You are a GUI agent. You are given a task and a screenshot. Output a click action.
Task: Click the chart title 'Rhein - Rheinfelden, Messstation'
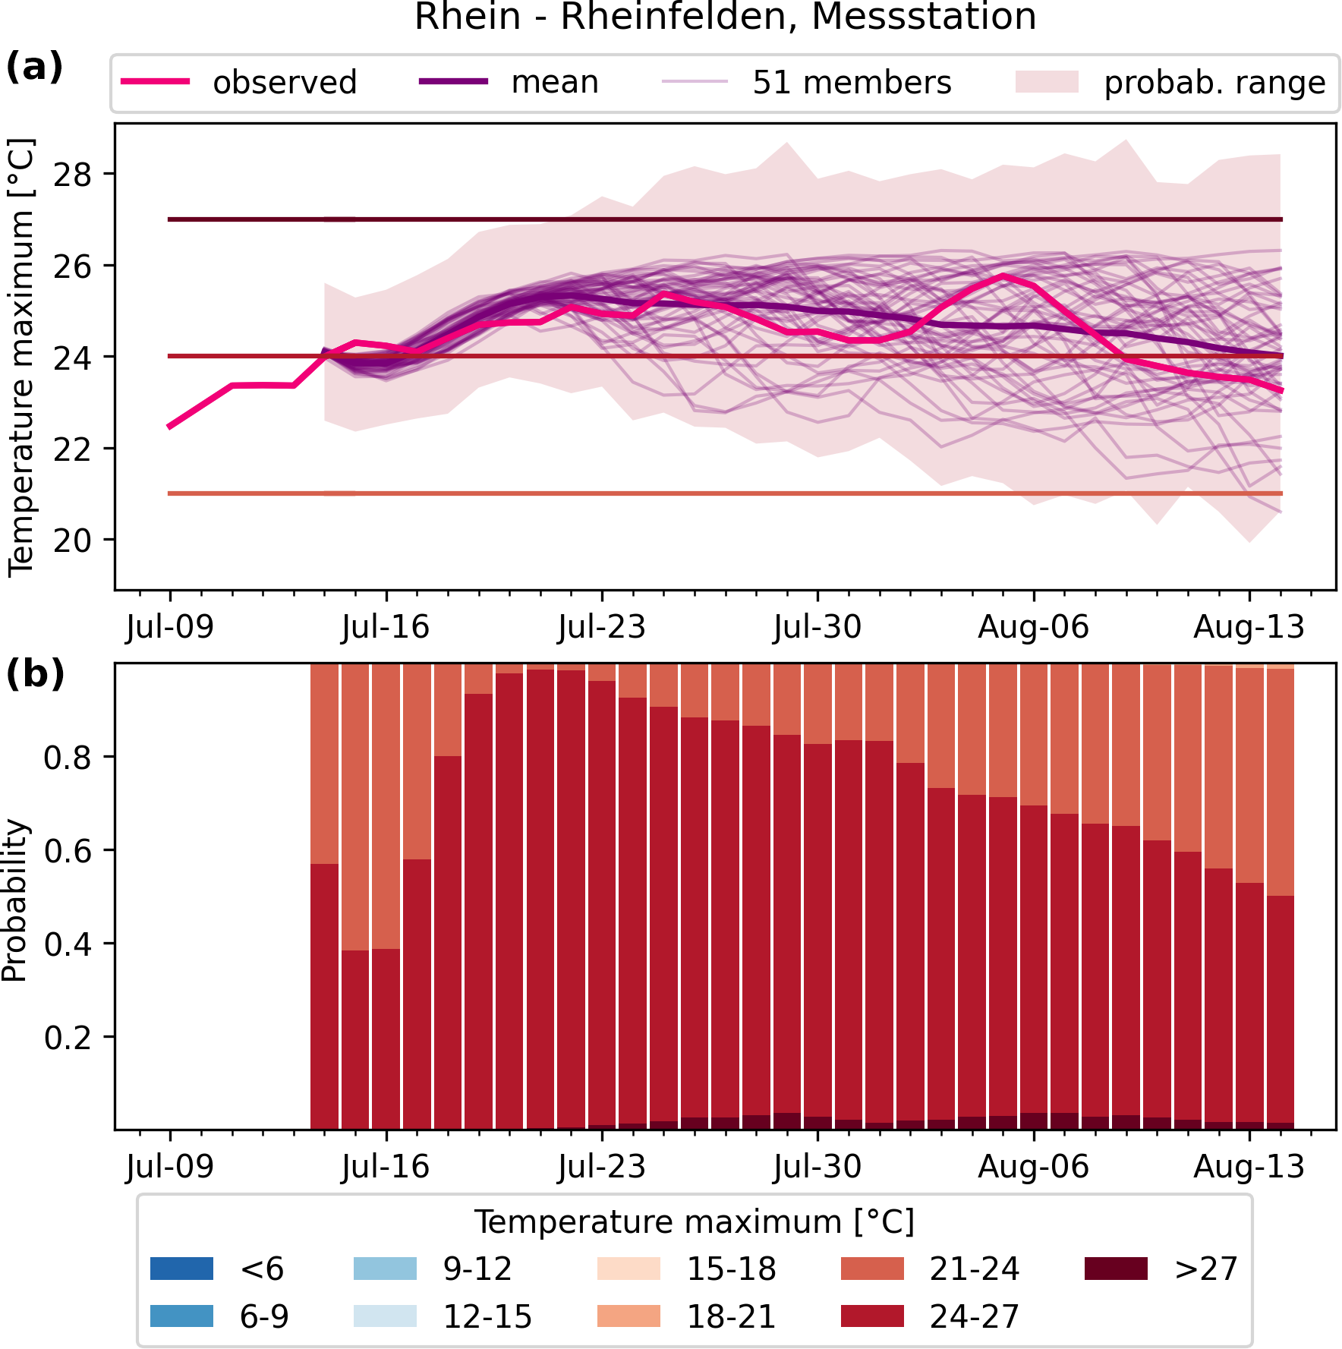[x=725, y=17]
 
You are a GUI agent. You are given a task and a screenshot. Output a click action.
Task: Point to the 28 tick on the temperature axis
[x=72, y=175]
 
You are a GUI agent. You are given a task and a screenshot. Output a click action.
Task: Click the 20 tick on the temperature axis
[x=72, y=540]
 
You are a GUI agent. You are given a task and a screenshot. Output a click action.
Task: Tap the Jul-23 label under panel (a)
[x=601, y=628]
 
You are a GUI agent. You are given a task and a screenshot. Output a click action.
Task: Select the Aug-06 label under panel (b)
[x=1033, y=1166]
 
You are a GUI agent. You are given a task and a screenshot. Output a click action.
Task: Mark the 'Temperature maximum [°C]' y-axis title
[x=21, y=357]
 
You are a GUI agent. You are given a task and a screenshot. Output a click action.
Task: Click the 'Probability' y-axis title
[x=15, y=900]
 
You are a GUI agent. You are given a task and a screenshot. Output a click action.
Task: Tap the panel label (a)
[x=34, y=68]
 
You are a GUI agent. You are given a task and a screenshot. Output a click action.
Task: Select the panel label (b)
[x=35, y=674]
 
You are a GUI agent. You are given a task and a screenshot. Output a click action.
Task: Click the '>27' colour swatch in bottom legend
[x=1116, y=1269]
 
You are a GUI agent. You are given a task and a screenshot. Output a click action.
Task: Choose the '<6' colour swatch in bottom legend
[x=181, y=1269]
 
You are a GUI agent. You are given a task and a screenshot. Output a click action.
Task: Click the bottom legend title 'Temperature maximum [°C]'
[x=694, y=1222]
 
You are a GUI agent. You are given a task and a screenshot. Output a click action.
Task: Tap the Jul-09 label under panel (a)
[x=170, y=628]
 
